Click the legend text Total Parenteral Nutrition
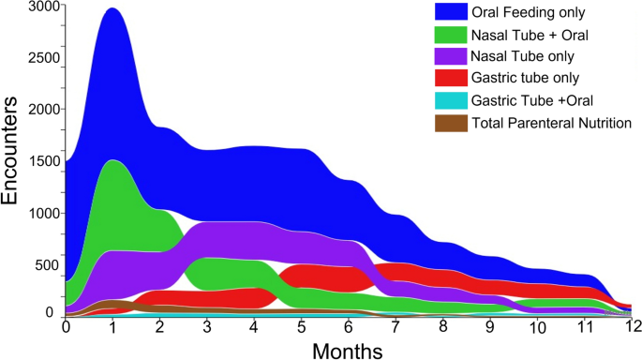[552, 123]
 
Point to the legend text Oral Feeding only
[529, 12]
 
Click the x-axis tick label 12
[633, 328]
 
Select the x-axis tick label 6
[349, 328]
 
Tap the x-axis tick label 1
[112, 328]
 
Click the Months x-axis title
[348, 350]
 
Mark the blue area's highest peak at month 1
[112, 8]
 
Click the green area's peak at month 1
[112, 161]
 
